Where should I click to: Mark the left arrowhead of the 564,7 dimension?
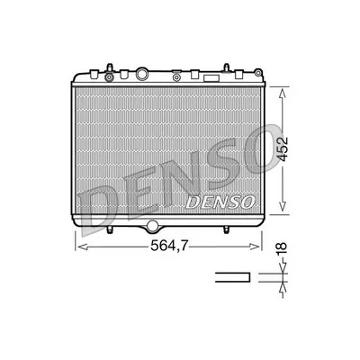(76, 245)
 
